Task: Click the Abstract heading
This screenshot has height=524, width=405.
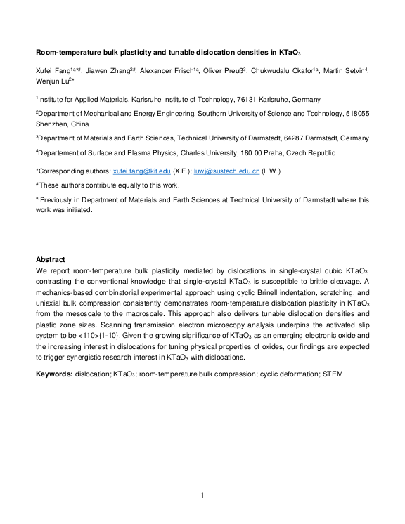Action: click(51, 260)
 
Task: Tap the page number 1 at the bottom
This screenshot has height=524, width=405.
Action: click(202, 497)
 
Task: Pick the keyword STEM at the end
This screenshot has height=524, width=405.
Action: click(332, 374)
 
